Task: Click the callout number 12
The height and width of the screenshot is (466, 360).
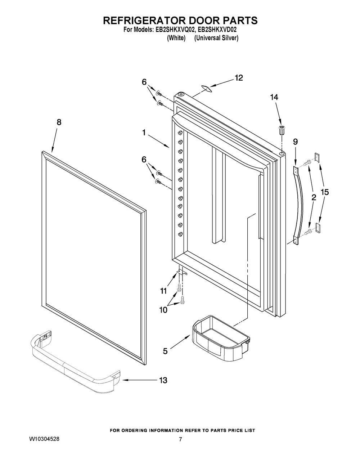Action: point(239,78)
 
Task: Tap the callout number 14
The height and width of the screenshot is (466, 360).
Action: point(274,97)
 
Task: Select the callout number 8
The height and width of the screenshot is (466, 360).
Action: point(59,122)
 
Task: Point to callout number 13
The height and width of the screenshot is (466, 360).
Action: point(163,380)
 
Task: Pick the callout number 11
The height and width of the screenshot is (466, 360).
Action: point(163,291)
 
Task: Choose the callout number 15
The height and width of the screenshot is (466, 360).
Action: point(324,192)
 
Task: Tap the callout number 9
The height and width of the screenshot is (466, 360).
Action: point(295,142)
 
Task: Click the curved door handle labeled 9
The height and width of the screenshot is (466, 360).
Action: point(298,206)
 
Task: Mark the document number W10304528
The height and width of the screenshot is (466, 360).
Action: point(44,439)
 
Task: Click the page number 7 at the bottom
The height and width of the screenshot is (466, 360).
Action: point(180,439)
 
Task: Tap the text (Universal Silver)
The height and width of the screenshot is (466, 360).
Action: point(216,38)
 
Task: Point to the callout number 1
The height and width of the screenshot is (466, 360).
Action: point(144,133)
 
